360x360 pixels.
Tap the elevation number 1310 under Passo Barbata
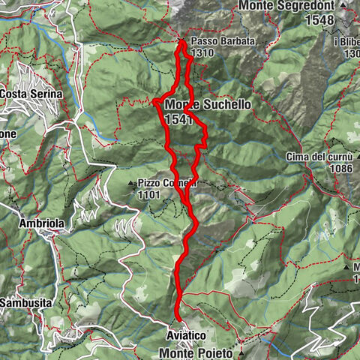click(202, 53)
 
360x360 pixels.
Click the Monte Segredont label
click(289, 5)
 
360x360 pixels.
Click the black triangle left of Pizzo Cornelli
click(131, 182)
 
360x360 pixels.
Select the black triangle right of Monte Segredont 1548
click(343, 5)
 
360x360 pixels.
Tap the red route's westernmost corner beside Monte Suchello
click(154, 100)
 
